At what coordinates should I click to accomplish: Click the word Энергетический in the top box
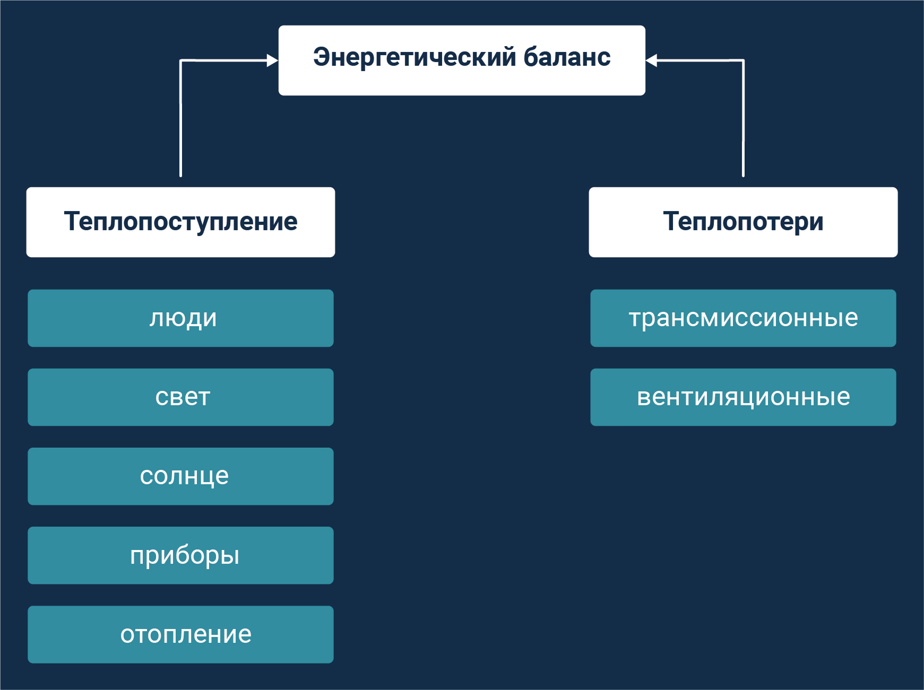pos(414,57)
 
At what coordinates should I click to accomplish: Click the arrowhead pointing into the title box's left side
pos(273,61)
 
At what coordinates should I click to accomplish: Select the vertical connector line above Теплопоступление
pos(181,122)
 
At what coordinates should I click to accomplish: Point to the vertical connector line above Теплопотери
pos(743,122)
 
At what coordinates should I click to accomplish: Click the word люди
pos(183,318)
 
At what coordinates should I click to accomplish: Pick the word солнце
pos(184,476)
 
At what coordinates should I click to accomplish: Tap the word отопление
pos(186,634)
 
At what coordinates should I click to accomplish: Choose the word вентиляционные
pos(743,397)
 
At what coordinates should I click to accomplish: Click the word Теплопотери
pos(743,222)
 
